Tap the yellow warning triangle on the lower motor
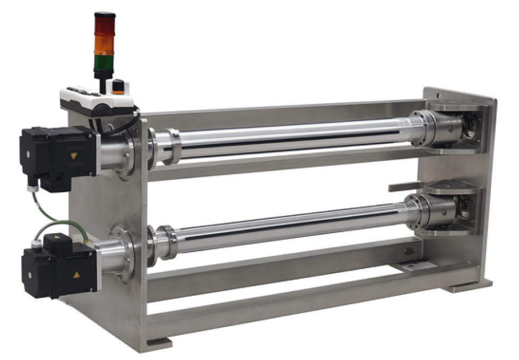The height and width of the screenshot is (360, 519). pyautogui.click(x=77, y=275)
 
